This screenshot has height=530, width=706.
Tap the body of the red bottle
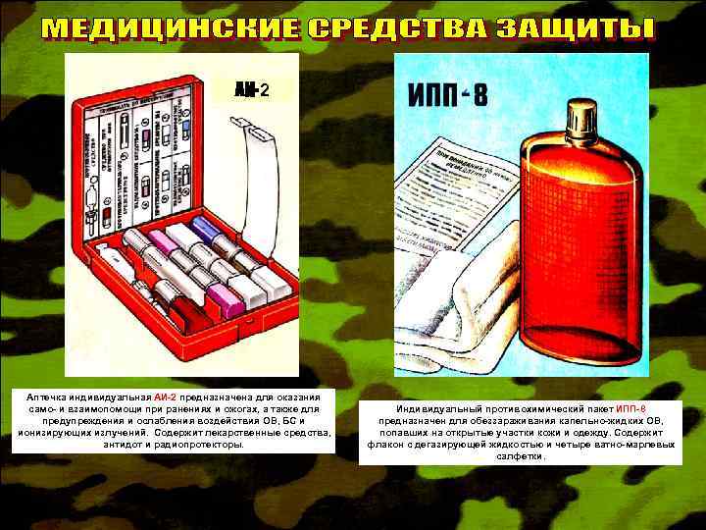[579, 255]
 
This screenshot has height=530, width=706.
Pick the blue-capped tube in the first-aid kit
[208, 232]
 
